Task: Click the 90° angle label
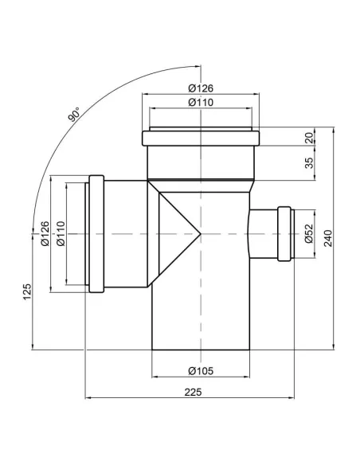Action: [74, 115]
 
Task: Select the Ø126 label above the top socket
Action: [201, 88]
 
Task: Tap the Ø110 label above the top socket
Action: [201, 102]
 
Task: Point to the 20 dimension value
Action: [309, 138]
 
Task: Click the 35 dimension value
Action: [309, 162]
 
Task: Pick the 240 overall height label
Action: [328, 238]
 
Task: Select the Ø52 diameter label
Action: [309, 233]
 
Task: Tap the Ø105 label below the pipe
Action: [201, 371]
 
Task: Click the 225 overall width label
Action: [193, 392]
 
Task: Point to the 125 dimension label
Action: [27, 292]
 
